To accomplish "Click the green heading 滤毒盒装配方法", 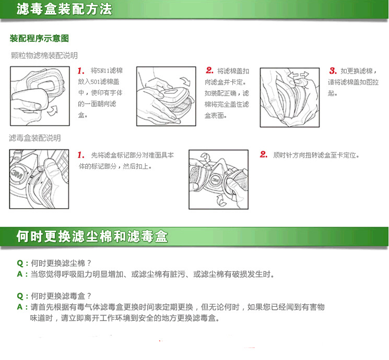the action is point(64,9).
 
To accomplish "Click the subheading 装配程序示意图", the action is point(39,39).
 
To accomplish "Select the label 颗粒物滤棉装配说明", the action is point(44,55).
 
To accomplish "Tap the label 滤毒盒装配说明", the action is point(35,138).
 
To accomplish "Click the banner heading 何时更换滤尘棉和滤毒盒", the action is point(92,236).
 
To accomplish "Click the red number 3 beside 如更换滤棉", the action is point(333,70).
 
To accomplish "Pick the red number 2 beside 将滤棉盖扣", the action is point(209,70).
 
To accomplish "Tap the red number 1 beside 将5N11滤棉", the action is point(81,71).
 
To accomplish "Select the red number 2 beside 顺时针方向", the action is point(264,154).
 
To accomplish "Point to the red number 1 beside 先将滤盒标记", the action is point(81,155).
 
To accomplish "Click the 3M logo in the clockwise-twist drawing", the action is point(215,180).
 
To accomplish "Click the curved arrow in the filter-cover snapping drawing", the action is point(185,81).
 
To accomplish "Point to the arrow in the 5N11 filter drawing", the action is point(53,111).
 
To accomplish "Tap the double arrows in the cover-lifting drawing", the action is point(299,75).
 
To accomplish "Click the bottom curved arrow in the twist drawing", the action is point(221,200).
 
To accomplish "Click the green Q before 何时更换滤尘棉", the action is point(20,263).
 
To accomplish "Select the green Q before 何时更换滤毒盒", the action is point(20,296).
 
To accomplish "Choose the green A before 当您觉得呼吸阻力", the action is point(20,274).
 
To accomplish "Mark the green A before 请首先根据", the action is point(20,307).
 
